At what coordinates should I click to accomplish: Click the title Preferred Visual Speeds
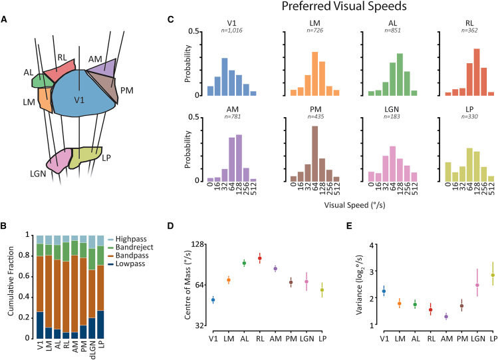pyautogui.click(x=344, y=7)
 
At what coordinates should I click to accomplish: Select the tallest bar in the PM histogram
pyautogui.click(x=314, y=154)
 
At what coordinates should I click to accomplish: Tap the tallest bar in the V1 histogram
pyautogui.click(x=225, y=77)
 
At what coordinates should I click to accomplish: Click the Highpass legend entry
pyautogui.click(x=131, y=239)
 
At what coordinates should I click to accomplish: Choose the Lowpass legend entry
pyautogui.click(x=130, y=264)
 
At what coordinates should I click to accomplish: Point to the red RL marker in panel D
pyautogui.click(x=260, y=258)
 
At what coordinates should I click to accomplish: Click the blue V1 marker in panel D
pyautogui.click(x=213, y=300)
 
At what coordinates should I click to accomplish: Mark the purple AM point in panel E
pyautogui.click(x=446, y=317)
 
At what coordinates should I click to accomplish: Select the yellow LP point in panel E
pyautogui.click(x=493, y=275)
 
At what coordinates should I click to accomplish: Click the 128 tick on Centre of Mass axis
pyautogui.click(x=199, y=245)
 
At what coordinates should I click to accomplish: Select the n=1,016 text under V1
pyautogui.click(x=231, y=31)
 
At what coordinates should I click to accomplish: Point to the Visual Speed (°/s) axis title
pyautogui.click(x=354, y=205)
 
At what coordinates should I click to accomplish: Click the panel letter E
pyautogui.click(x=349, y=226)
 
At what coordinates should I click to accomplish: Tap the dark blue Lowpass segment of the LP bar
pyautogui.click(x=100, y=325)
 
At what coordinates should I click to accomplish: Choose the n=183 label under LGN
pyautogui.click(x=392, y=116)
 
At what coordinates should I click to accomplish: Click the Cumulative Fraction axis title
pyautogui.click(x=11, y=281)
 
